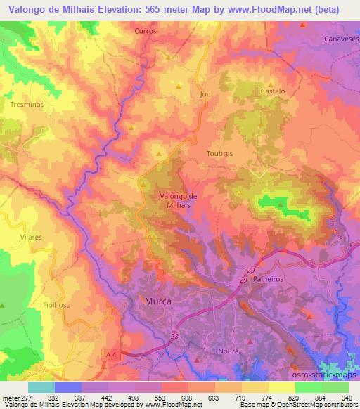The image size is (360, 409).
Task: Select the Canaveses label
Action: [x=340, y=39]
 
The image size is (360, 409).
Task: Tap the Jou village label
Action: [x=205, y=93]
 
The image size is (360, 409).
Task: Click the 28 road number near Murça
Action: [x=174, y=338]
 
